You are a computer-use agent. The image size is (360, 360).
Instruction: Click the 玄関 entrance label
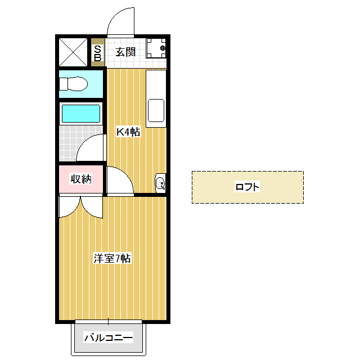click(125, 52)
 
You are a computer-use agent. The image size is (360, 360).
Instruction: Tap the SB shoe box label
click(97, 53)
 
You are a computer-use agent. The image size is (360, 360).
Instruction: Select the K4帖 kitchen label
click(128, 132)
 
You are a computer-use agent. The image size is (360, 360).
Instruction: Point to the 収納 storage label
click(80, 179)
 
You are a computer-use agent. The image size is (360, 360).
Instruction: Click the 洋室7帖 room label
click(112, 259)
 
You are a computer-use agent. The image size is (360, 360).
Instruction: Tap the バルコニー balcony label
click(109, 338)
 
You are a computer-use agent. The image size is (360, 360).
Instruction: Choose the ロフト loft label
click(247, 187)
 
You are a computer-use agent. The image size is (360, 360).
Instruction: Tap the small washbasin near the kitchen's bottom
click(160, 183)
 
